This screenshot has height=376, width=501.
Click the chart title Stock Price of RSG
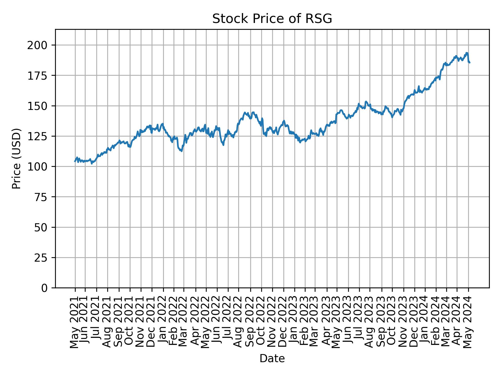pos(272,19)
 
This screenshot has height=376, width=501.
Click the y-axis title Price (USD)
pos(16,158)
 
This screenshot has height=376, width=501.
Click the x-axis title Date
pos(272,359)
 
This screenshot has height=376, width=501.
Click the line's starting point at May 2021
pos(75,161)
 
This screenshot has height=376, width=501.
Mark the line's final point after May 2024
pos(470,63)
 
